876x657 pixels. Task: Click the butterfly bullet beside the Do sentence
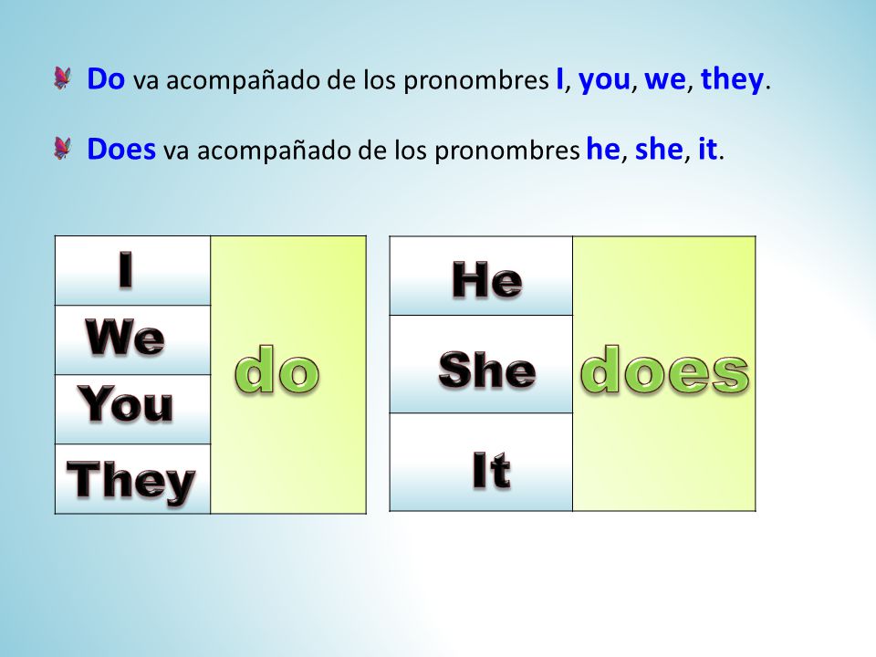(x=63, y=78)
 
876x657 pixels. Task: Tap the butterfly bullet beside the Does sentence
(x=63, y=149)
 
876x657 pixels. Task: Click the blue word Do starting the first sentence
(x=106, y=78)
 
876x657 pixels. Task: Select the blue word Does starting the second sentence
(x=121, y=149)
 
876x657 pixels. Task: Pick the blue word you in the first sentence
(x=604, y=81)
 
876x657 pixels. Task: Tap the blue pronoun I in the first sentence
(x=559, y=78)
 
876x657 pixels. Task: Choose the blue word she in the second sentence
(x=659, y=149)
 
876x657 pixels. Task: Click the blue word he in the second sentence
(x=603, y=149)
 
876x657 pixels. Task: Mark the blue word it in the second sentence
(x=707, y=149)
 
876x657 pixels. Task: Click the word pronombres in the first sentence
(x=476, y=81)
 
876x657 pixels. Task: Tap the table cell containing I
(x=133, y=270)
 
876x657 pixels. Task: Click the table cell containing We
(x=133, y=339)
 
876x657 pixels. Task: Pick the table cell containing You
(x=133, y=410)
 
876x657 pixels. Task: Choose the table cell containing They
(x=133, y=479)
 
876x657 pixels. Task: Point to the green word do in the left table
(x=277, y=370)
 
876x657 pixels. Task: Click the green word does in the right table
(x=664, y=370)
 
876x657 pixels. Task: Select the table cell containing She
(x=481, y=364)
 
